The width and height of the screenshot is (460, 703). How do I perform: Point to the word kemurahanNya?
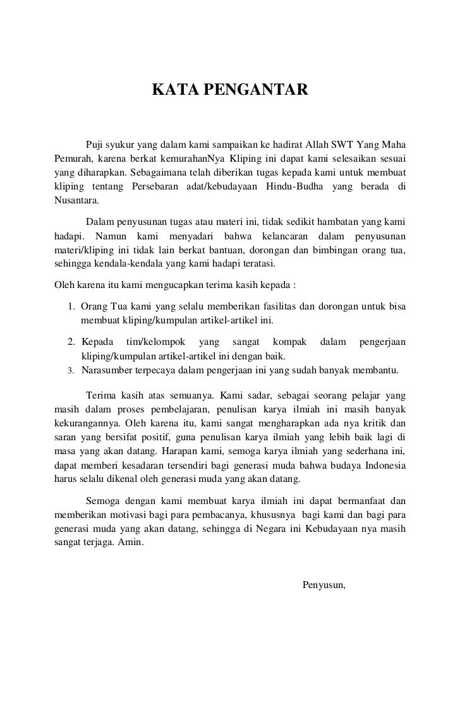[194, 157]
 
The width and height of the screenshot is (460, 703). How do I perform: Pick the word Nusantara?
[73, 200]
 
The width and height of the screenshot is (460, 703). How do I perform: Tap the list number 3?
[71, 370]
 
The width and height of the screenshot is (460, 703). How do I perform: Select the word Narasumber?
[107, 370]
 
